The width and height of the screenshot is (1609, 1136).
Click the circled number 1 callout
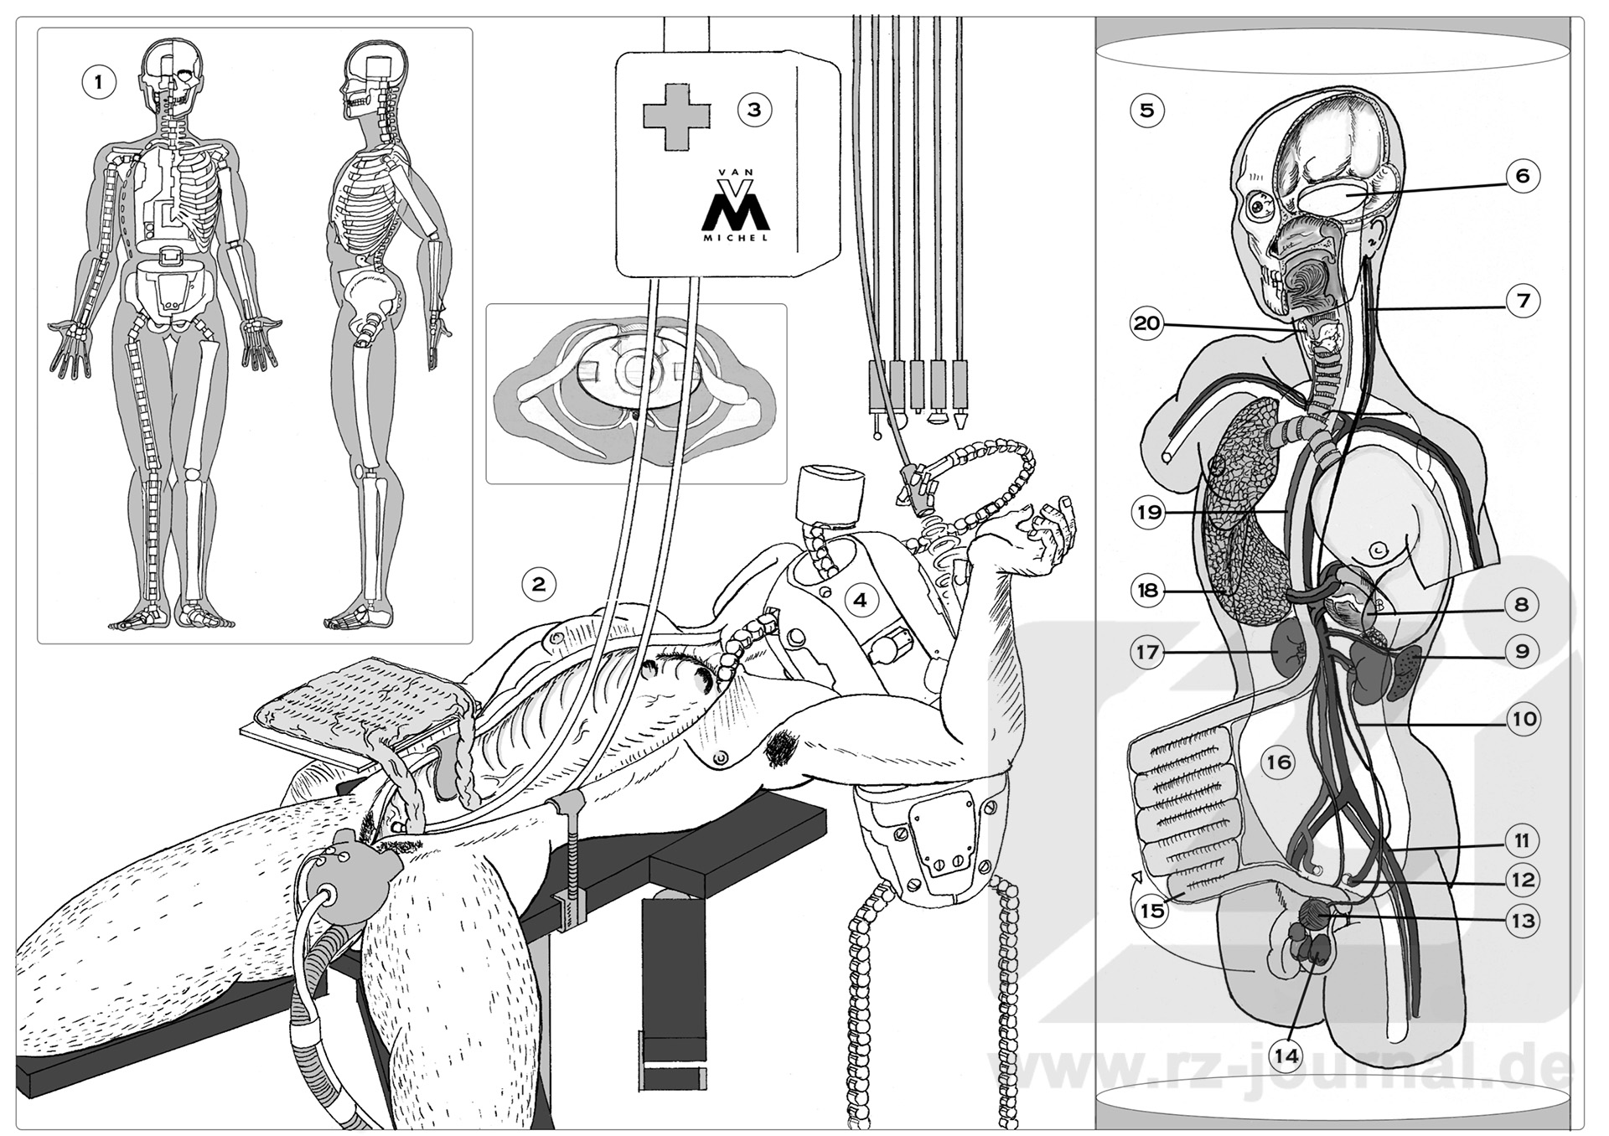99,83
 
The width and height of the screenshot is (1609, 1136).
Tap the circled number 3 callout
754,109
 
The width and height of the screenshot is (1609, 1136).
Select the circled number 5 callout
1147,109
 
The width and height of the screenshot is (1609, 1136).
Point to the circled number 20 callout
1147,323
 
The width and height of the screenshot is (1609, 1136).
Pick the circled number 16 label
1279,762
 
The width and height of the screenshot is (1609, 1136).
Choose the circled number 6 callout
1522,176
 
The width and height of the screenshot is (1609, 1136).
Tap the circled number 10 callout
1523,718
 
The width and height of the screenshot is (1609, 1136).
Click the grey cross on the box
676,116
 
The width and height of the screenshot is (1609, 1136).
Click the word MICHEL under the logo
737,236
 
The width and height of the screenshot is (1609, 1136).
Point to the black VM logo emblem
735,204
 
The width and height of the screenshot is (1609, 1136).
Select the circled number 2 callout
539,583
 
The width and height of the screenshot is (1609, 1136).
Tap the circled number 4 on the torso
861,599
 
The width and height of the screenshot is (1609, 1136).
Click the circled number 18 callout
1147,591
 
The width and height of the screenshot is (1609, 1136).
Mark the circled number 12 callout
1523,879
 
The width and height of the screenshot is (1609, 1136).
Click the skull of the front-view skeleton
172,75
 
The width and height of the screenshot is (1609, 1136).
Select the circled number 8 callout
1522,604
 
